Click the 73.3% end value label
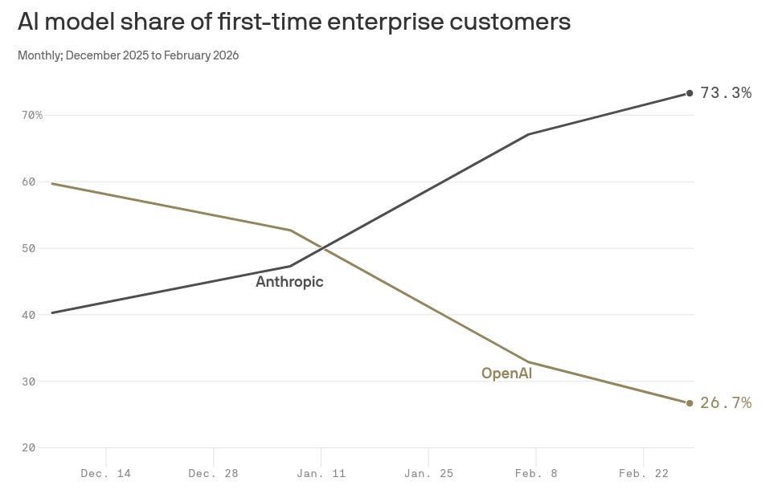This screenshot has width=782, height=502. [x=726, y=93]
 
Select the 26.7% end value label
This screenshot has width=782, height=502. [x=726, y=403]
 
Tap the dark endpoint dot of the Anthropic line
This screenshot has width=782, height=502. [x=690, y=94]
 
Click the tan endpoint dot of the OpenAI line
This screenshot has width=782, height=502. [x=690, y=403]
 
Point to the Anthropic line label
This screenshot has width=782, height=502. [x=289, y=282]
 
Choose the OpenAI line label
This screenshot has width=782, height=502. [x=506, y=373]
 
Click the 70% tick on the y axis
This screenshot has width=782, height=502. [x=32, y=116]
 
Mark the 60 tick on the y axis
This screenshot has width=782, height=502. [x=29, y=182]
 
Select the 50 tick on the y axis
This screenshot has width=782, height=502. [x=29, y=249]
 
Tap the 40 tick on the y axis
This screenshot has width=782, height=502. [x=29, y=315]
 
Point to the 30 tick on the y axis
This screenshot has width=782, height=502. [x=29, y=382]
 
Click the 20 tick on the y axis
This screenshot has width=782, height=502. [x=29, y=448]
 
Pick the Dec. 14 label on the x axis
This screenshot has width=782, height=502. [x=105, y=474]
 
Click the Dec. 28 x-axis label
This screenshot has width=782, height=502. [x=213, y=474]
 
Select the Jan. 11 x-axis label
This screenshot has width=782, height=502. [x=321, y=474]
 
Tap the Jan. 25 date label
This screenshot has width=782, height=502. [x=428, y=474]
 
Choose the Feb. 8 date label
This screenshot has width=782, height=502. [x=536, y=474]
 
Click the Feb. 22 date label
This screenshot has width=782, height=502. [x=643, y=474]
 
